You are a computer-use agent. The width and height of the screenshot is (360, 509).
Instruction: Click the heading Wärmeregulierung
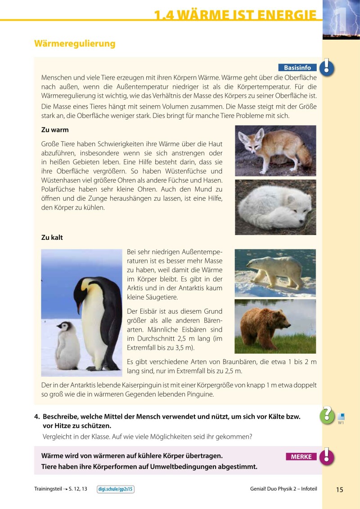(75, 44)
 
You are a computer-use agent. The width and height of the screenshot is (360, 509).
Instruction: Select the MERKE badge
(301, 456)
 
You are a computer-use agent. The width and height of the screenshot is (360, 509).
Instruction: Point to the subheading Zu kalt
(52, 238)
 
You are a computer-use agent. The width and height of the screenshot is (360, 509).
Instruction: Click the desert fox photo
(275, 150)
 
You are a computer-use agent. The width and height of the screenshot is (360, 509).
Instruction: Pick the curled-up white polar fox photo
(275, 207)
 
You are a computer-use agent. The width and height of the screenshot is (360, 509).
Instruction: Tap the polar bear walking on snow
(275, 272)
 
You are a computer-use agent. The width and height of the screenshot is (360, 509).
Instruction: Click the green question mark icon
(327, 414)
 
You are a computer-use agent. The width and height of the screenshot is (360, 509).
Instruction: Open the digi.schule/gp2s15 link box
(116, 489)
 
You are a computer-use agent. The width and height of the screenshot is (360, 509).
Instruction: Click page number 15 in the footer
(339, 490)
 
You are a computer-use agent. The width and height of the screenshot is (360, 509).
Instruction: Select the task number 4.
(37, 417)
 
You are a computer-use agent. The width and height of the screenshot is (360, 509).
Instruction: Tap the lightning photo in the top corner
(341, 19)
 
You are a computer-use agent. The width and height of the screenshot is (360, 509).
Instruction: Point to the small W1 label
(341, 422)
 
